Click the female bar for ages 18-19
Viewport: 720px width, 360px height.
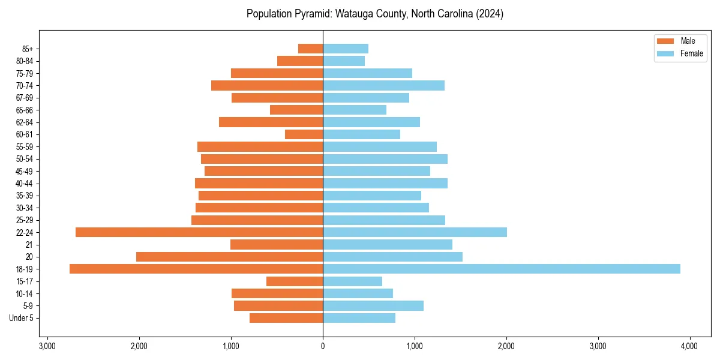click(501, 269)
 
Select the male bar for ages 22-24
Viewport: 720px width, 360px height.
click(199, 232)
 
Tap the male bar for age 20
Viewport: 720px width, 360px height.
click(229, 257)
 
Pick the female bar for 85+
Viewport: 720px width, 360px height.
click(346, 49)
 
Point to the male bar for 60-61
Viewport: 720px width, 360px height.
click(304, 134)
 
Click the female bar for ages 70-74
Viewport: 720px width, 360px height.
click(383, 86)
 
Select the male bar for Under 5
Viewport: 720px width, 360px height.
click(286, 318)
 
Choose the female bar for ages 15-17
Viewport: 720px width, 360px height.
click(352, 281)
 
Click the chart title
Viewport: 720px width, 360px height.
click(375, 14)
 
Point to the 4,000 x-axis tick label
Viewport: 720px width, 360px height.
click(689, 346)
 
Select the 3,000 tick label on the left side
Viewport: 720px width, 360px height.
click(47, 346)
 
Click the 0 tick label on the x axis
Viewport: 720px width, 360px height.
click(323, 346)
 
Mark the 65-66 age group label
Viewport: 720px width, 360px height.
click(25, 110)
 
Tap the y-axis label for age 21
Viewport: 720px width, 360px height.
click(29, 245)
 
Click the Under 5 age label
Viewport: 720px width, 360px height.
click(22, 318)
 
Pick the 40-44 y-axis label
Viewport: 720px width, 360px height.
click(25, 184)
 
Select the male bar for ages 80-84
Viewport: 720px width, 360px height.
click(300, 61)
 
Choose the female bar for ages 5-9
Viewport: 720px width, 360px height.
click(373, 306)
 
